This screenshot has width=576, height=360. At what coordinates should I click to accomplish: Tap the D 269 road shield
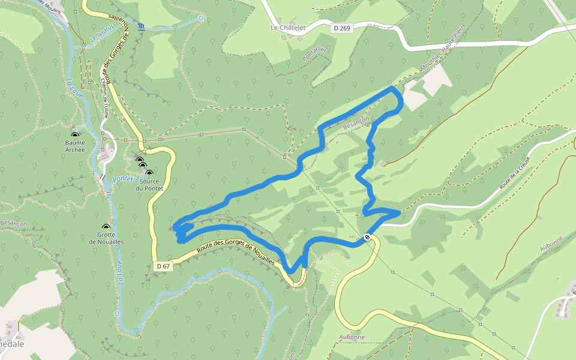coord(341,28)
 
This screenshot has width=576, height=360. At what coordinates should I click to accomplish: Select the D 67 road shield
coord(163,266)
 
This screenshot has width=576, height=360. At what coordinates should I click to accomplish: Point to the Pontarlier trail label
coord(314,54)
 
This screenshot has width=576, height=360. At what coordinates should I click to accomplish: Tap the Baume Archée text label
coord(75,146)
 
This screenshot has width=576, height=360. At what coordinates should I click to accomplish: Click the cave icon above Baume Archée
coord(75,136)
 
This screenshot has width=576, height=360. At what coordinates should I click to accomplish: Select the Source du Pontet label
coord(149,185)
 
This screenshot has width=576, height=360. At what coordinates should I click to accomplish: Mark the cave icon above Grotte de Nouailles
coord(106,227)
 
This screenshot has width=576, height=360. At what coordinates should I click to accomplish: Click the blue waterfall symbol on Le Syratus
coord(140,27)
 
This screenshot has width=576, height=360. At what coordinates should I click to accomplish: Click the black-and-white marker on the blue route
coord(367,236)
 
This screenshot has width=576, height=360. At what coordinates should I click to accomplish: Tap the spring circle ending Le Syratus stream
coord(201,18)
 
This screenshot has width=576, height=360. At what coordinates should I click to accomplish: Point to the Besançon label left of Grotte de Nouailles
coord(14,223)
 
